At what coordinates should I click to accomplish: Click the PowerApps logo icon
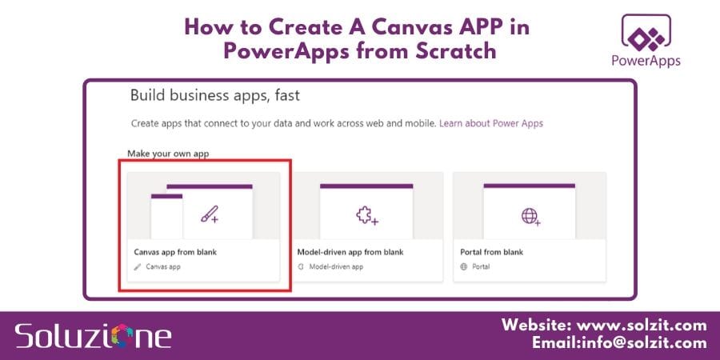pyautogui.click(x=645, y=34)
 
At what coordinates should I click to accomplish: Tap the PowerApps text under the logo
pyautogui.click(x=645, y=61)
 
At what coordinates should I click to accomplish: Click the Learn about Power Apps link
pyautogui.click(x=491, y=124)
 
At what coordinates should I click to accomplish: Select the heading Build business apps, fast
pyautogui.click(x=214, y=97)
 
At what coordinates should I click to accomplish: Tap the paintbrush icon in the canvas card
pyautogui.click(x=210, y=214)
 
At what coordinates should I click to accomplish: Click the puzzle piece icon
pyautogui.click(x=366, y=214)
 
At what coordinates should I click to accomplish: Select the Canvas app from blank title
pyautogui.click(x=175, y=252)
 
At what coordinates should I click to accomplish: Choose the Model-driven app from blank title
pyautogui.click(x=350, y=252)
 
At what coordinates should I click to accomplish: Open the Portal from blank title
pyautogui.click(x=490, y=252)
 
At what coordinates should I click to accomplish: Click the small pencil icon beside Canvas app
pyautogui.click(x=138, y=266)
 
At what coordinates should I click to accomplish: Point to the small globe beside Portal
pyautogui.click(x=464, y=266)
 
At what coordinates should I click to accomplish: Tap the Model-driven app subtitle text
pyautogui.click(x=336, y=266)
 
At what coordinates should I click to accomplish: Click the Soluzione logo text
pyautogui.click(x=93, y=334)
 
